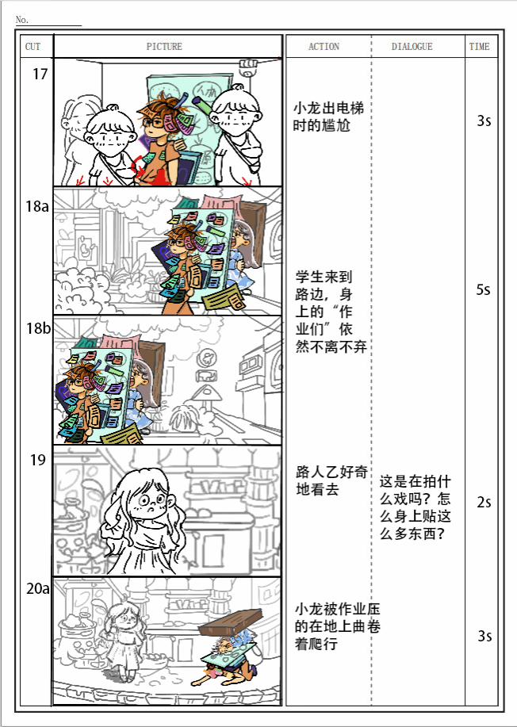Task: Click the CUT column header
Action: pyautogui.click(x=33, y=46)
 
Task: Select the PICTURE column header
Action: pyautogui.click(x=165, y=46)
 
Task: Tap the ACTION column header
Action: pyautogui.click(x=324, y=46)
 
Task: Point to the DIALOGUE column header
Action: pyautogui.click(x=412, y=46)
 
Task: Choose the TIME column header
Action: pyautogui.click(x=480, y=46)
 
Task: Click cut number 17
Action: pyautogui.click(x=40, y=75)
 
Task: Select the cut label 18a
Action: pyautogui.click(x=37, y=206)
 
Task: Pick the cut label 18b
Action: pyautogui.click(x=38, y=328)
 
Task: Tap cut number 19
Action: pyautogui.click(x=38, y=461)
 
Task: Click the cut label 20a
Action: pyautogui.click(x=38, y=589)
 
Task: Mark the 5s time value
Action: pyautogui.click(x=483, y=290)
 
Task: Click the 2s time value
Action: pyautogui.click(x=484, y=503)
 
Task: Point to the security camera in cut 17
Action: pyautogui.click(x=248, y=67)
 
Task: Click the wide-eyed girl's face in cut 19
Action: pyautogui.click(x=151, y=499)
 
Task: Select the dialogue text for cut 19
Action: pyautogui.click(x=416, y=507)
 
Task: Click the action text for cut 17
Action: pyautogui.click(x=329, y=117)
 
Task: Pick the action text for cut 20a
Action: pyautogui.click(x=338, y=626)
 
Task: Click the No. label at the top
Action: pyautogui.click(x=21, y=20)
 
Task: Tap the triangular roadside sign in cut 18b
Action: pyautogui.click(x=207, y=394)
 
